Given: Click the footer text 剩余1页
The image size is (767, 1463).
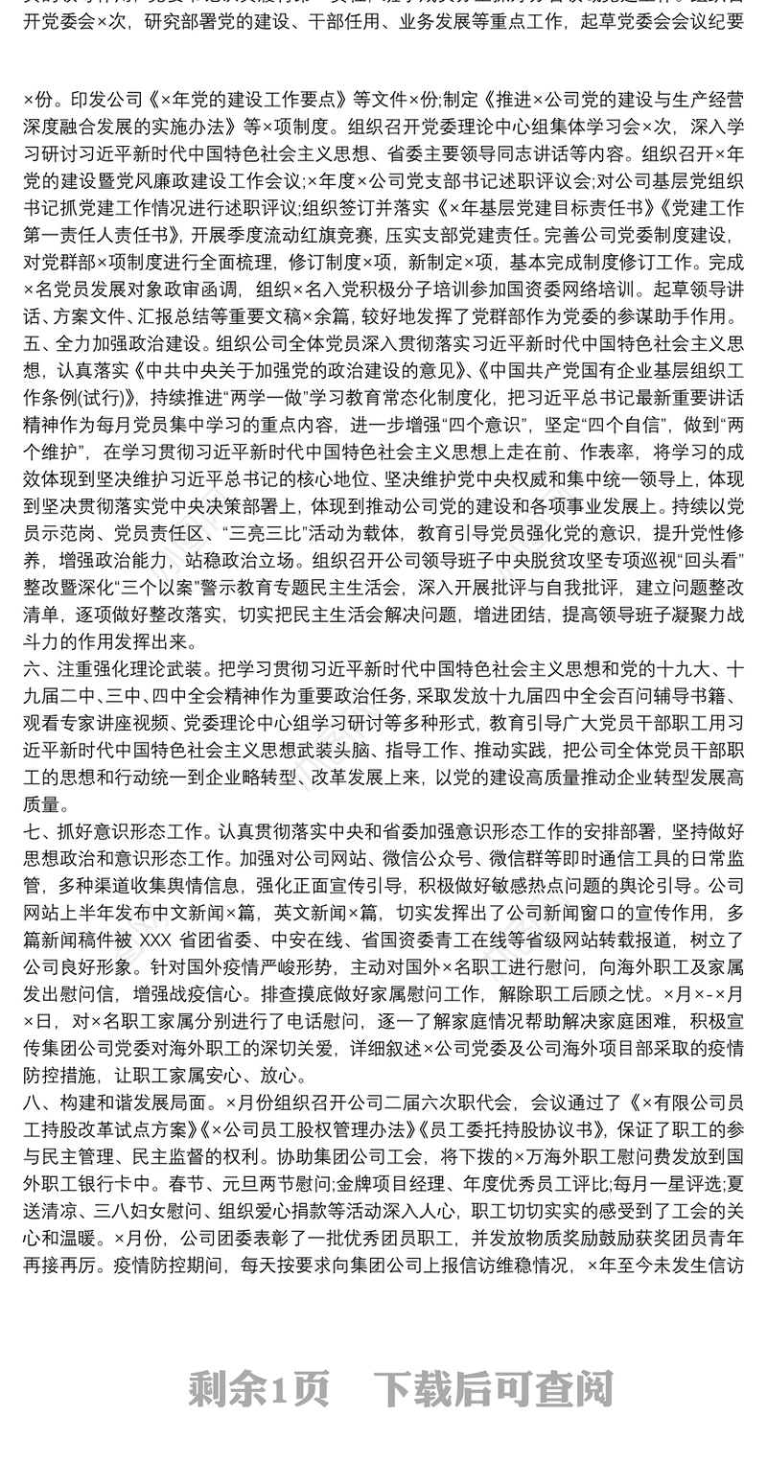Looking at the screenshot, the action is [259, 1387].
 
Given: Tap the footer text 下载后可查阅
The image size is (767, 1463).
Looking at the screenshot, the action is [493, 1387].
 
